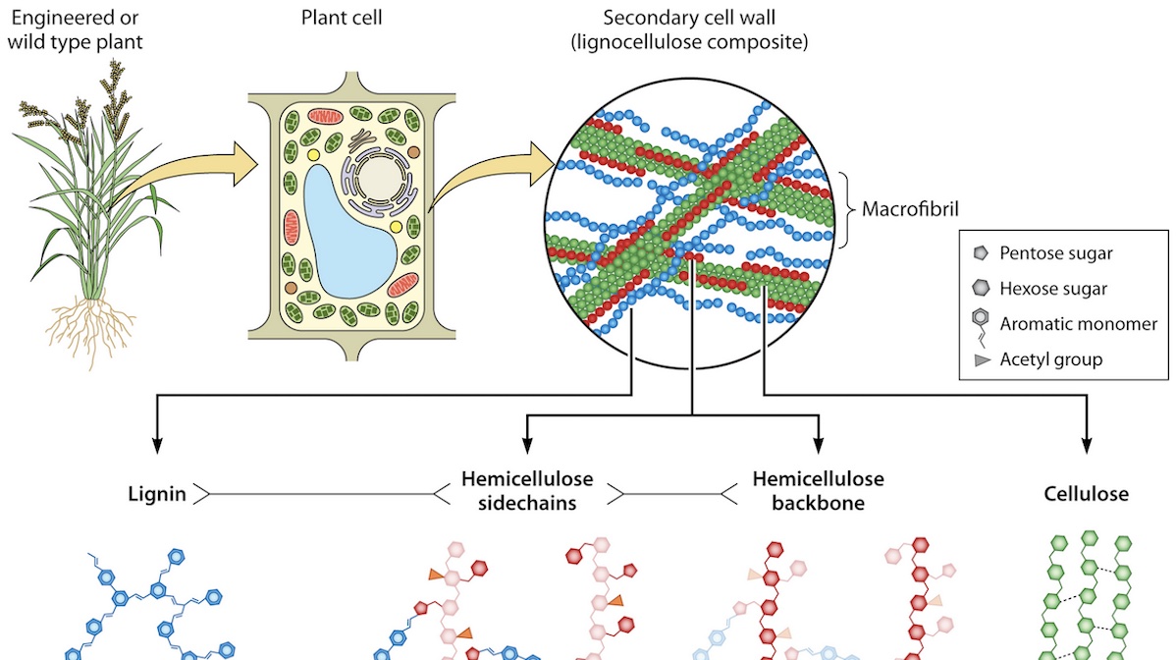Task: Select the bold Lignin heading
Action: [157, 494]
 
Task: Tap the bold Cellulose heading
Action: [1086, 494]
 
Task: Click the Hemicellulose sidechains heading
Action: [527, 492]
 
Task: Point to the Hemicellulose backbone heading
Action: [818, 492]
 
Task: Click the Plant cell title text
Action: [326, 18]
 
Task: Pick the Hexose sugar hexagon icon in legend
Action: [982, 289]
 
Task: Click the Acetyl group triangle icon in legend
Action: [982, 359]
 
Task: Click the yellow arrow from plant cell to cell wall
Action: [491, 172]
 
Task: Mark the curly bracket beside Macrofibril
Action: [847, 209]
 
